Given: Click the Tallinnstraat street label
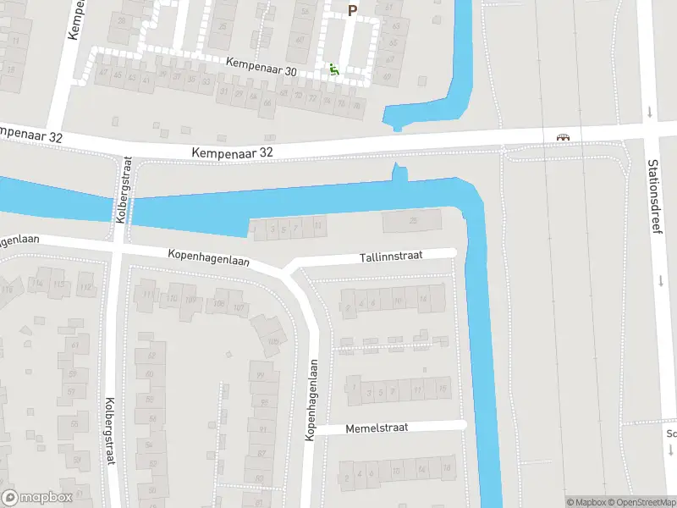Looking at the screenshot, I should click(x=396, y=255).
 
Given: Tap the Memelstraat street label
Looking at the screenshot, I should click(x=377, y=428).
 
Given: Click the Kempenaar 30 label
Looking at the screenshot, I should click(x=261, y=67).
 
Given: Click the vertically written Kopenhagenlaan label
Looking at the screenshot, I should click(x=311, y=400).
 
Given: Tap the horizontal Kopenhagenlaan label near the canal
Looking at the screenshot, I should click(x=208, y=256).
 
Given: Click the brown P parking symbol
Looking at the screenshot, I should click(x=353, y=10).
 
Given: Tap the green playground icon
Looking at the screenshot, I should click(x=334, y=70).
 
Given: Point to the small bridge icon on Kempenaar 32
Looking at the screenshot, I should click(x=562, y=136).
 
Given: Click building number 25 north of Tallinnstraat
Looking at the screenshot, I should click(x=413, y=222).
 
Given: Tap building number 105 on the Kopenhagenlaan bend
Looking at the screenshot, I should click(x=273, y=342).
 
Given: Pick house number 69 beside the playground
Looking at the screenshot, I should click(x=388, y=77).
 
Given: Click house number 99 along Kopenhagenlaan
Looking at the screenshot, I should click(x=261, y=376).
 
